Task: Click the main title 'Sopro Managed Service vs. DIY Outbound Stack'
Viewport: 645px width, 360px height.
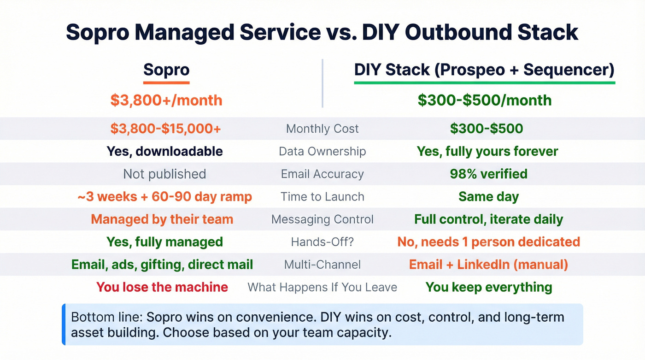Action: point(322,33)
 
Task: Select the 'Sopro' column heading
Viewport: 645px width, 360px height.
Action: point(166,70)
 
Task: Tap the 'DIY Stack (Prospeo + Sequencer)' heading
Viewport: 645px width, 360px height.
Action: point(484,70)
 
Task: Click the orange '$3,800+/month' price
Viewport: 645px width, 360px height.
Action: point(166,100)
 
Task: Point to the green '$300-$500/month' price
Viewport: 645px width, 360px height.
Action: point(484,100)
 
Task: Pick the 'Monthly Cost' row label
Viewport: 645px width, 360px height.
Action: point(322,129)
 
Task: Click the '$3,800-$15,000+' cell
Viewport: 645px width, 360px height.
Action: point(165,129)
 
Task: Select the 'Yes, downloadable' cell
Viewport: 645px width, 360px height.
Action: point(164,151)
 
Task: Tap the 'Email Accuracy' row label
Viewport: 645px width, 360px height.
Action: point(322,174)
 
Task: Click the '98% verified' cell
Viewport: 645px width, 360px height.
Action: point(488,174)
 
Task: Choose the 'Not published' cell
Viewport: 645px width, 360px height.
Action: point(164,174)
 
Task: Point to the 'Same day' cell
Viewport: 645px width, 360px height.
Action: point(488,197)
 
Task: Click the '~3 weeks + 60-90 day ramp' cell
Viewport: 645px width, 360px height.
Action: point(164,197)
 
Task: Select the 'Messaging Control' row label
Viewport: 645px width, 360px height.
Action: point(322,219)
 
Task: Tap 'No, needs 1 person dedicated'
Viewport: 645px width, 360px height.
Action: point(488,242)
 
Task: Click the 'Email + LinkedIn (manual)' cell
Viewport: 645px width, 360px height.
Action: point(488,264)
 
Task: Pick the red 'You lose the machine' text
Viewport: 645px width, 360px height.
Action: point(162,287)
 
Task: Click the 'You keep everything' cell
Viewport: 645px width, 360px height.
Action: point(488,287)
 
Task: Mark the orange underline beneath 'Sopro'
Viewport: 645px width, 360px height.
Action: point(166,83)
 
